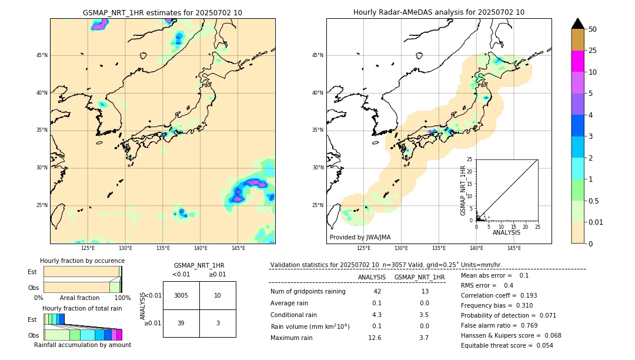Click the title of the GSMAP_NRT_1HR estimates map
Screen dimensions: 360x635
click(x=162, y=12)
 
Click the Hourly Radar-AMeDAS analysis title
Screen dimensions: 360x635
click(x=439, y=12)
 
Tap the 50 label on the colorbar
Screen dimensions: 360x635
click(x=593, y=29)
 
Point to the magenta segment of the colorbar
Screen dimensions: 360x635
click(x=577, y=61)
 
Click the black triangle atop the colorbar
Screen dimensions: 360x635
click(x=577, y=24)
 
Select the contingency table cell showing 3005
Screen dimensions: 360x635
click(x=181, y=295)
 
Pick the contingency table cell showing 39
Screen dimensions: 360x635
click(x=181, y=324)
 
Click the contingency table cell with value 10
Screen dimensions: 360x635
click(x=218, y=295)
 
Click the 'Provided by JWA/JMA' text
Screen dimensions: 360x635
click(x=360, y=237)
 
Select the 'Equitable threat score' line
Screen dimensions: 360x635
click(x=507, y=345)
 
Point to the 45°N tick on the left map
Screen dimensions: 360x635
click(x=42, y=55)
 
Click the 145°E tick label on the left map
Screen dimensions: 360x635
click(x=238, y=248)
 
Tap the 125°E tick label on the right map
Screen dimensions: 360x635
click(x=364, y=248)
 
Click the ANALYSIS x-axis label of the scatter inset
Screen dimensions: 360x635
click(x=506, y=232)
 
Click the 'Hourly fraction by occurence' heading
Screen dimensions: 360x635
click(x=82, y=261)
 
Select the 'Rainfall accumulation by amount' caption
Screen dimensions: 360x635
click(x=82, y=345)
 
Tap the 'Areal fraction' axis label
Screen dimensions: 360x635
click(x=79, y=298)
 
